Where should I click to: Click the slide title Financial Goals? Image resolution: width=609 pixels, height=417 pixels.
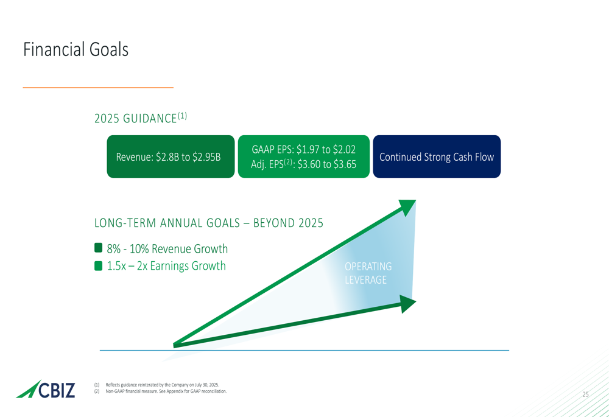click(x=76, y=50)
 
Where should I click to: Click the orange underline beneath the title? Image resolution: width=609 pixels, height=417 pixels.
click(x=98, y=88)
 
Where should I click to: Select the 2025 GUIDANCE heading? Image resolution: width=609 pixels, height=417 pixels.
click(x=140, y=118)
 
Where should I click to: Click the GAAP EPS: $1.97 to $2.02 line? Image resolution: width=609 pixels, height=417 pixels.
click(x=303, y=150)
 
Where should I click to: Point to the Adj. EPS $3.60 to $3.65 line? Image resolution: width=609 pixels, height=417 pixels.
click(x=303, y=164)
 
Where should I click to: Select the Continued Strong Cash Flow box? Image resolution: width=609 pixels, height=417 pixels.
click(x=436, y=157)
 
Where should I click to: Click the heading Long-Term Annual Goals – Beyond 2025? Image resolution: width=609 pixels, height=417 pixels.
click(x=208, y=223)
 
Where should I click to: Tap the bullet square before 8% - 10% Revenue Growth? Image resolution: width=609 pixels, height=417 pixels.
click(x=99, y=248)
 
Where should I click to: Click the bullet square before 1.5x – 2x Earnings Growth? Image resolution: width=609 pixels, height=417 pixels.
click(x=99, y=266)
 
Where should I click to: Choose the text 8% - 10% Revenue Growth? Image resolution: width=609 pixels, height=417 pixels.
click(x=167, y=249)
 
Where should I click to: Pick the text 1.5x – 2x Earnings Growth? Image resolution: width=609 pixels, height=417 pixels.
click(x=166, y=266)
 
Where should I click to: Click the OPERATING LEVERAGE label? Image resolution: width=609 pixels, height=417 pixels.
click(x=368, y=273)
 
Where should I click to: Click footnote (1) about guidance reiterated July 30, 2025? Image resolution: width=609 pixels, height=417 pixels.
click(x=162, y=385)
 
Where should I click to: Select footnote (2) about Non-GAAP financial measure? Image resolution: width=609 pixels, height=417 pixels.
click(x=166, y=391)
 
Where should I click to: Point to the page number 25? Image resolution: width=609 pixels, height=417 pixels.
click(x=585, y=394)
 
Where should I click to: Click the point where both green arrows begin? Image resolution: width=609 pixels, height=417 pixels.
click(x=175, y=345)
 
